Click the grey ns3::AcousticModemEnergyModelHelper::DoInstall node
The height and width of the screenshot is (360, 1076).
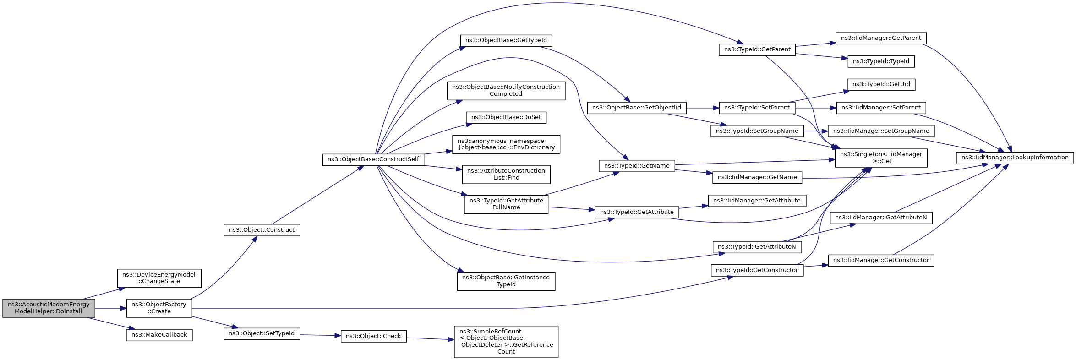coord(49,308)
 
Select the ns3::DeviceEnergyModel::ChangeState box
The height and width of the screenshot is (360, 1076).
coord(159,278)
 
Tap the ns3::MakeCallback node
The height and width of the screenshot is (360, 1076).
coord(159,335)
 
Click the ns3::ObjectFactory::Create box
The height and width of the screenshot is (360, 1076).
coord(159,308)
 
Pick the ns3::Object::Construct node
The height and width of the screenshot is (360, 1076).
coord(262,230)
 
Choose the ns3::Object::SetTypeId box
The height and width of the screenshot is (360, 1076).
coord(262,333)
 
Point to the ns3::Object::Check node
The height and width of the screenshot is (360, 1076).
coord(373,336)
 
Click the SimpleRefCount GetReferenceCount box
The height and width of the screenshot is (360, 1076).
coord(506,342)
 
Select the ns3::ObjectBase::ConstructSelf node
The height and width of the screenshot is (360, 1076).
coord(373,159)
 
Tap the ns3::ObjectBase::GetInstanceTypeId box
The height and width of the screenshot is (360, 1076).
coord(506,281)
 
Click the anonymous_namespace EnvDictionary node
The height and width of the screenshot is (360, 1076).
coord(506,144)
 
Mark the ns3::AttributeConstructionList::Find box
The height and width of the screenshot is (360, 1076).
coord(506,174)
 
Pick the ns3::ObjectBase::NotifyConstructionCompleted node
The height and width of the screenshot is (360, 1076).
coord(506,91)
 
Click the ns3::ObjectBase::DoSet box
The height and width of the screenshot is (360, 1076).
coord(506,117)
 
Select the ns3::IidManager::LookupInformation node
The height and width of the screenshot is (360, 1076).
coord(1015,158)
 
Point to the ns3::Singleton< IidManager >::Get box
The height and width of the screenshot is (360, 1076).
coord(881,158)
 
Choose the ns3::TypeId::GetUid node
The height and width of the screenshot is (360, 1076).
coord(881,84)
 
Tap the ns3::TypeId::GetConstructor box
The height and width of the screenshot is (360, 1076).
coord(757,270)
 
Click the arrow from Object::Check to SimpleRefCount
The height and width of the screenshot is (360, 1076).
coord(430,339)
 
